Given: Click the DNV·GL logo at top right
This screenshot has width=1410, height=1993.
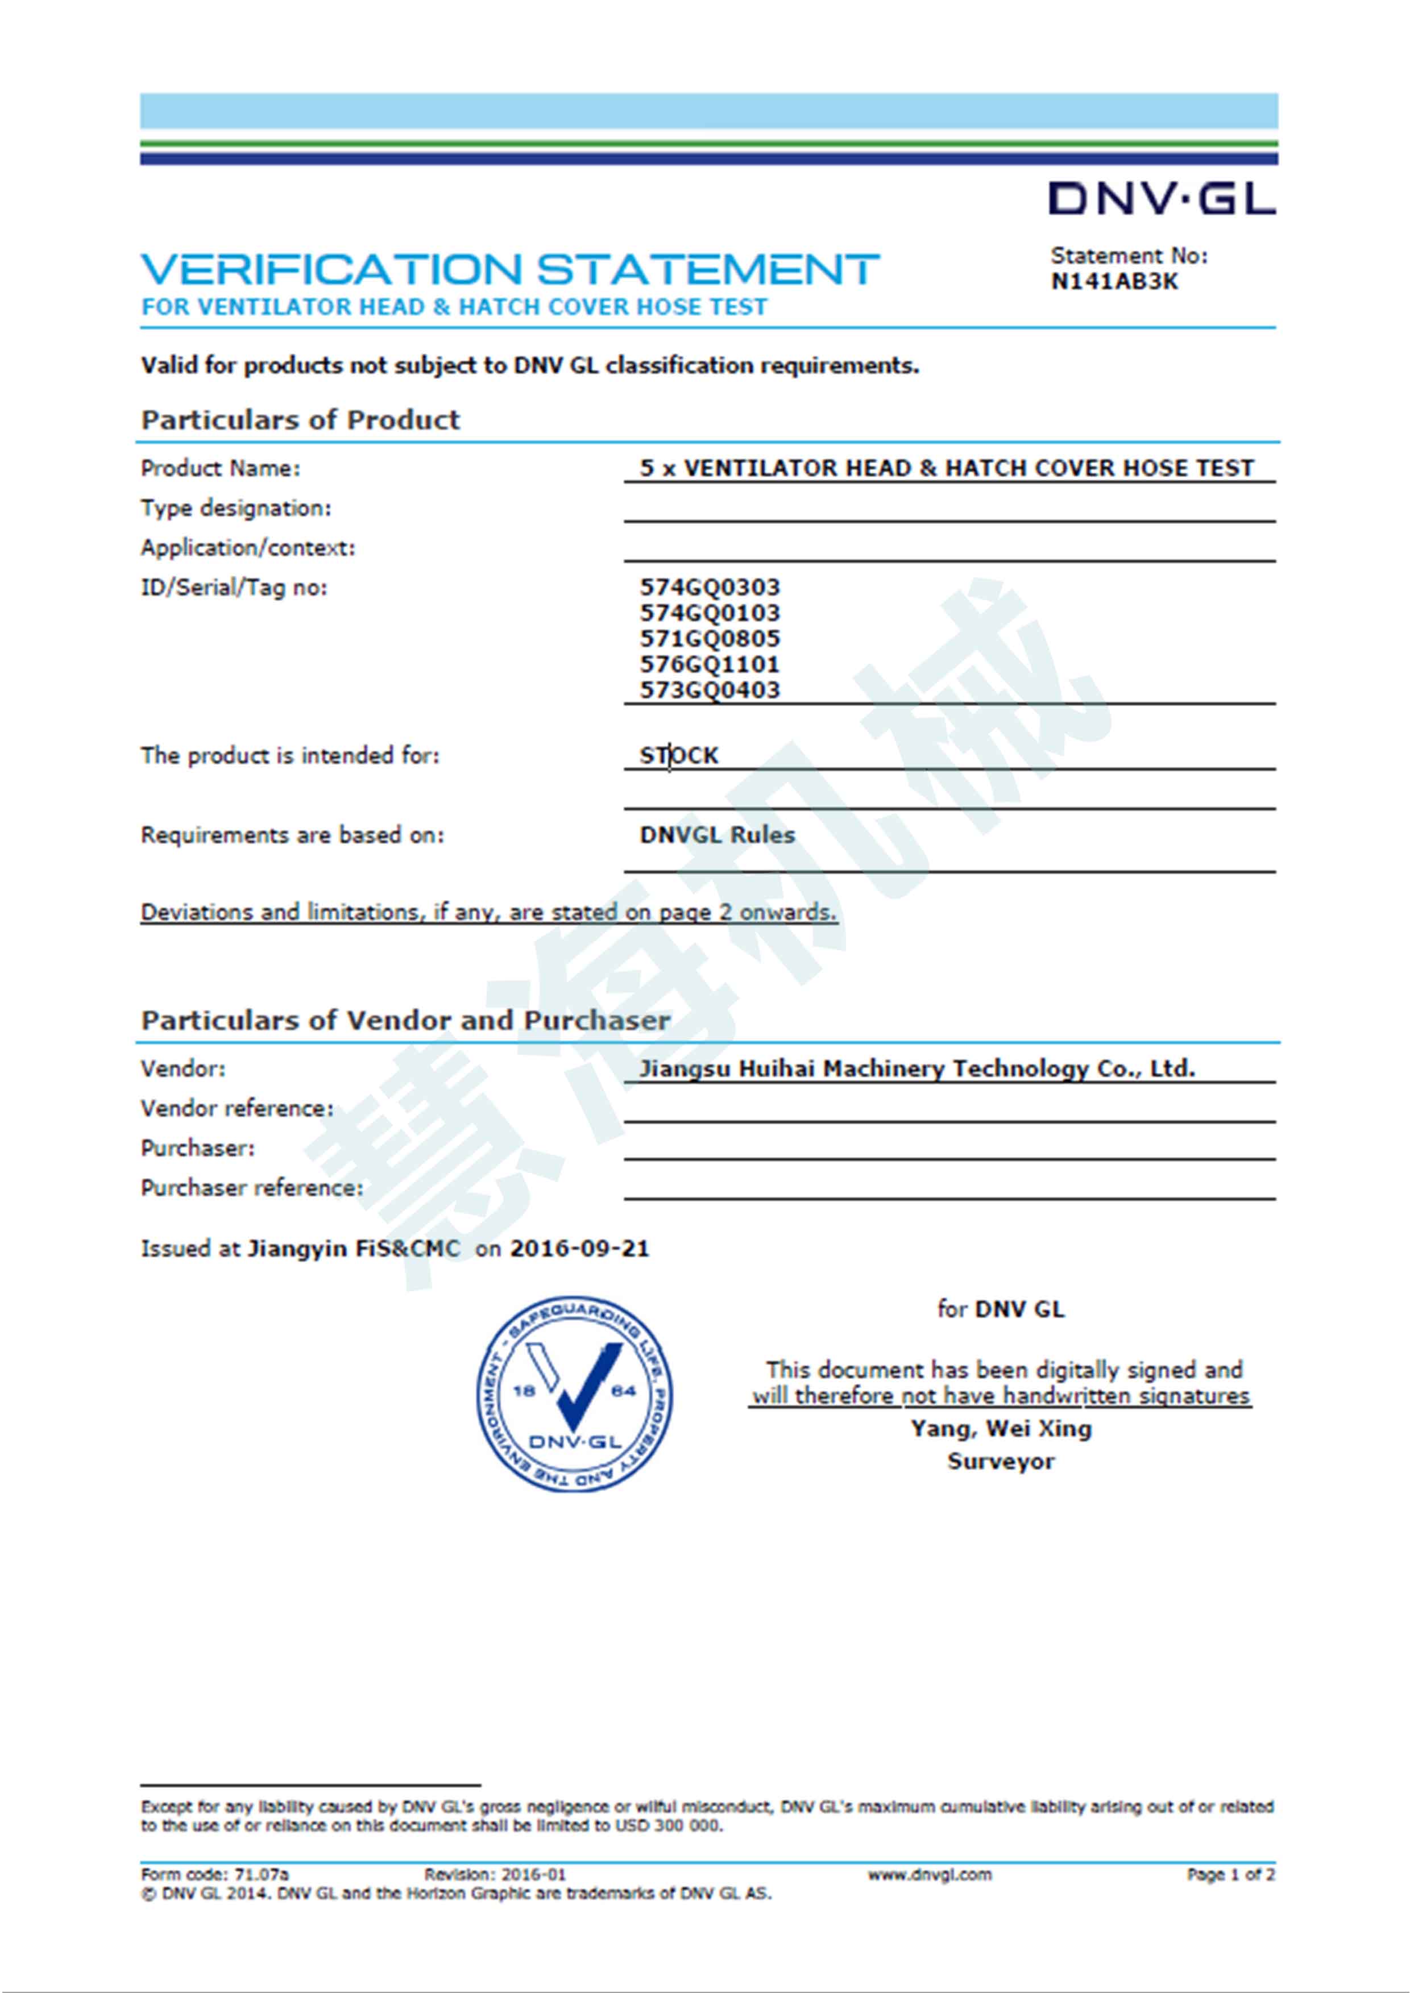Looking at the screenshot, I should [1161, 199].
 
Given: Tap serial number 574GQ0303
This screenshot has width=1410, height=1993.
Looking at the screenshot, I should [710, 588].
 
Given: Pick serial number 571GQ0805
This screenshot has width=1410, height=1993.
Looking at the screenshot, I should [710, 639].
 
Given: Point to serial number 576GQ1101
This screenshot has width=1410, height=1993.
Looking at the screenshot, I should [710, 665].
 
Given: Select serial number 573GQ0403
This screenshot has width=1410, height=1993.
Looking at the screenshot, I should [710, 690].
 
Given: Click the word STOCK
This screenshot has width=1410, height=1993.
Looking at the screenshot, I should [679, 755].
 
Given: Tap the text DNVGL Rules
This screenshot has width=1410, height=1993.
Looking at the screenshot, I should [717, 835].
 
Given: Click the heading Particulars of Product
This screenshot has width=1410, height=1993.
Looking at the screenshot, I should [300, 420].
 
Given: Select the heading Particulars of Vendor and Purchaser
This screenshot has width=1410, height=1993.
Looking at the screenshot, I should [405, 1020].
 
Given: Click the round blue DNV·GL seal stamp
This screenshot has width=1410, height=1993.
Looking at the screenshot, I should [574, 1395].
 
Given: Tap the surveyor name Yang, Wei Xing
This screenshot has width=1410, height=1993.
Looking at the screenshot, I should [1000, 1428].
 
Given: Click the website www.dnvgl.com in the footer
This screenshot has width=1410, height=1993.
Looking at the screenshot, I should [929, 1874].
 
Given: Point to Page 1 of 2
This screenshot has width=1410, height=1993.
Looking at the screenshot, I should [1230, 1874].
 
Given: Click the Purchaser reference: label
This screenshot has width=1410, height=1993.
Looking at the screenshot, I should [252, 1188].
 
